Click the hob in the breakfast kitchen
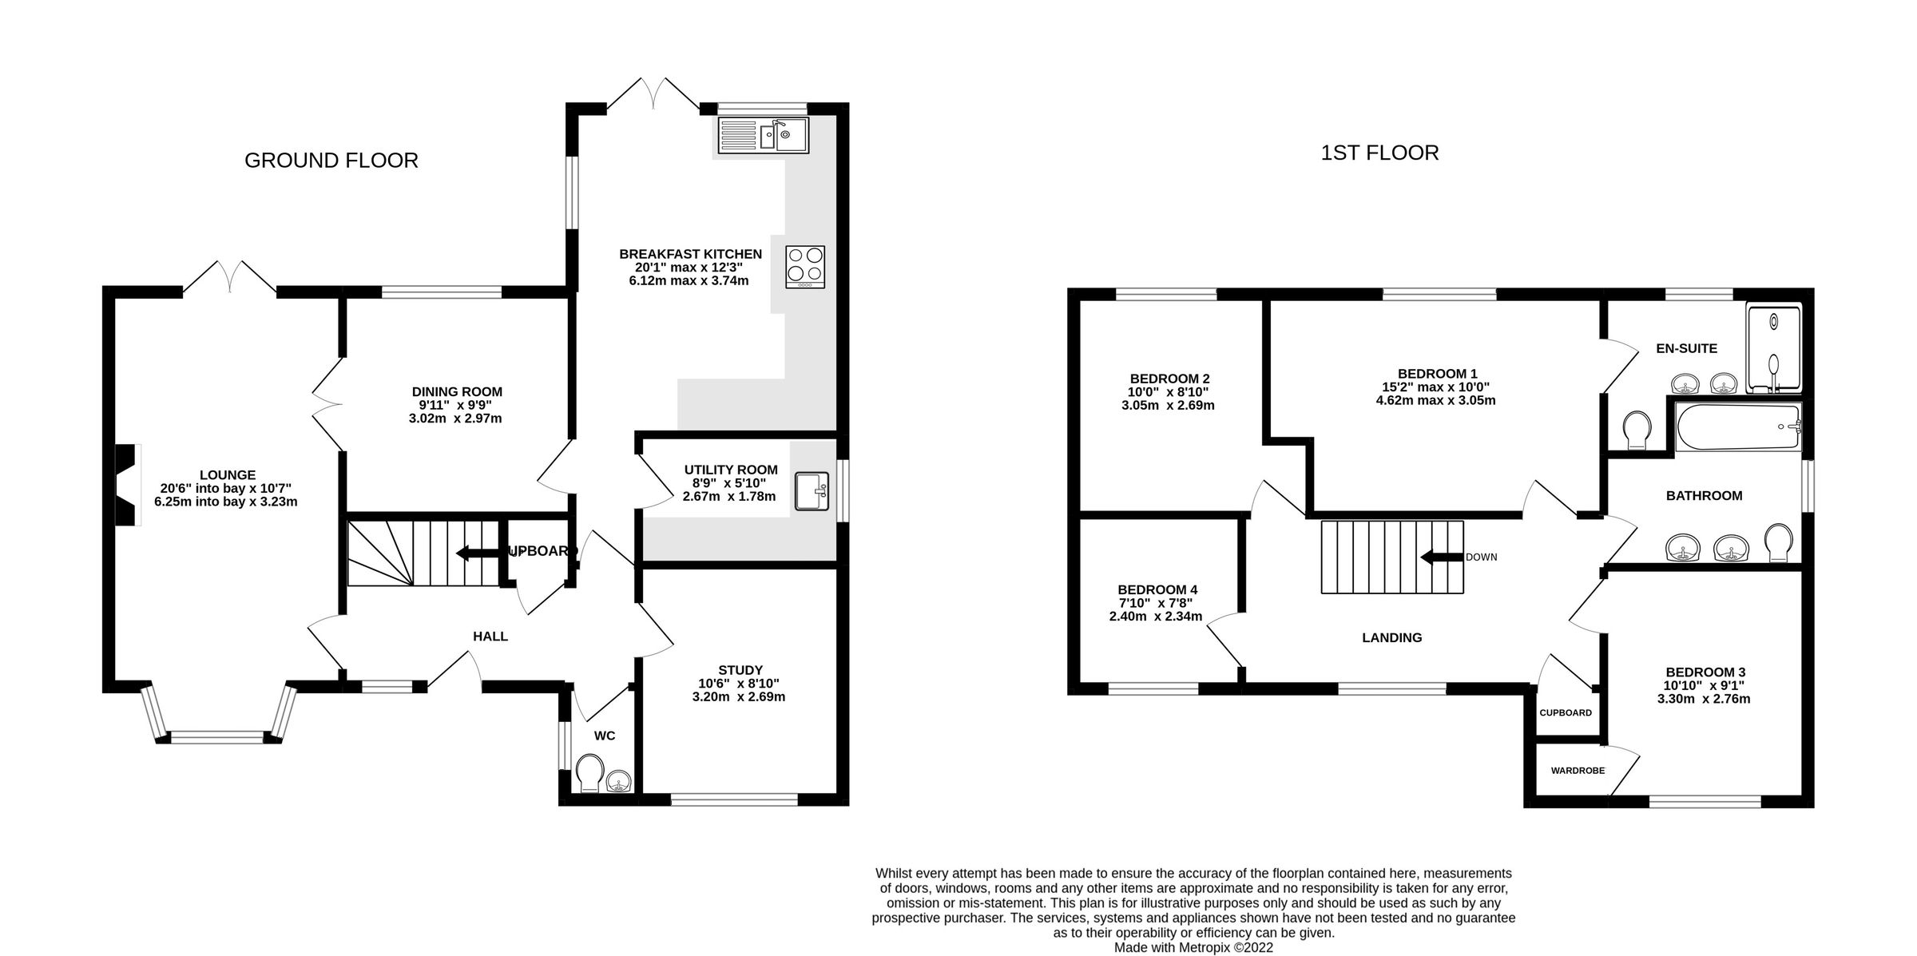pyautogui.click(x=805, y=267)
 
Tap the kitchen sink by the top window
pyautogui.click(x=763, y=135)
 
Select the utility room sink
pyautogui.click(x=812, y=490)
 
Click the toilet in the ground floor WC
pyautogui.click(x=590, y=772)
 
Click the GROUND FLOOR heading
pyautogui.click(x=331, y=161)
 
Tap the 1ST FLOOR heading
pyautogui.click(x=1379, y=153)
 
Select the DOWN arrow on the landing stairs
pyautogui.click(x=1441, y=557)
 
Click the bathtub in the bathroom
pyautogui.click(x=1737, y=427)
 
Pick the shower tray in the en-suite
pyautogui.click(x=1773, y=349)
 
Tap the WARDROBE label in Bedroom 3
pyautogui.click(x=1578, y=771)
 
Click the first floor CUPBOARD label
pyautogui.click(x=1566, y=712)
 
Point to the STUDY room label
pyautogui.click(x=740, y=670)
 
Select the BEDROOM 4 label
pyautogui.click(x=1157, y=590)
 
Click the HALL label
pyautogui.click(x=490, y=637)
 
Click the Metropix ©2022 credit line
pyautogui.click(x=1193, y=947)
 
